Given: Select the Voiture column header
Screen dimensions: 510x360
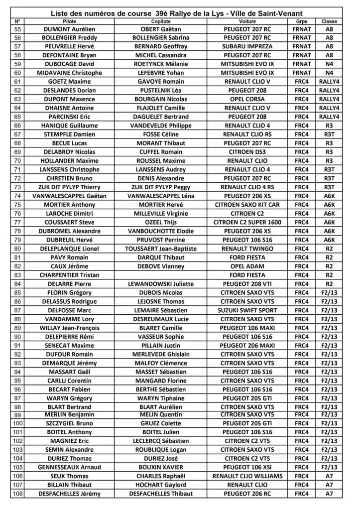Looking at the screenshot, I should (x=247, y=22).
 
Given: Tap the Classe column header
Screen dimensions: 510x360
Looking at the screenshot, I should (x=329, y=22).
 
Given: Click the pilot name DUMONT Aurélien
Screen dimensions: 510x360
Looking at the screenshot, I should (x=70, y=30).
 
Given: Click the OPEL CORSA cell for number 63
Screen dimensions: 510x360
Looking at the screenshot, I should (x=247, y=99).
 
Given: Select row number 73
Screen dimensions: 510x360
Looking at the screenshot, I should (x=18, y=187).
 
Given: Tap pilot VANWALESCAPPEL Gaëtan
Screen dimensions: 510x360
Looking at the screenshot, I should (x=70, y=196).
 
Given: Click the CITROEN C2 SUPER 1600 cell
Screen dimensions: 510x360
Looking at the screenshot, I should (x=247, y=222).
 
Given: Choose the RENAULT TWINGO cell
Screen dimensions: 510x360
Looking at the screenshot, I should (x=247, y=249).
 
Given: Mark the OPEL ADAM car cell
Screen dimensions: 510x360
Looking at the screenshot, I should (x=247, y=266).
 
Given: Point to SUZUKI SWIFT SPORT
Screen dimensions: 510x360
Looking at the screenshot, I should (x=247, y=310).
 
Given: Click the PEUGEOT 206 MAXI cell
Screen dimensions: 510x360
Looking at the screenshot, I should (x=247, y=345).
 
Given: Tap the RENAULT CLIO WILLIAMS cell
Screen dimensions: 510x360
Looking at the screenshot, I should (x=247, y=476).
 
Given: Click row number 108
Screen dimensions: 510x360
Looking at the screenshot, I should (x=18, y=494).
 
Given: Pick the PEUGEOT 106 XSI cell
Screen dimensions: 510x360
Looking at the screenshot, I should (x=247, y=467).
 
